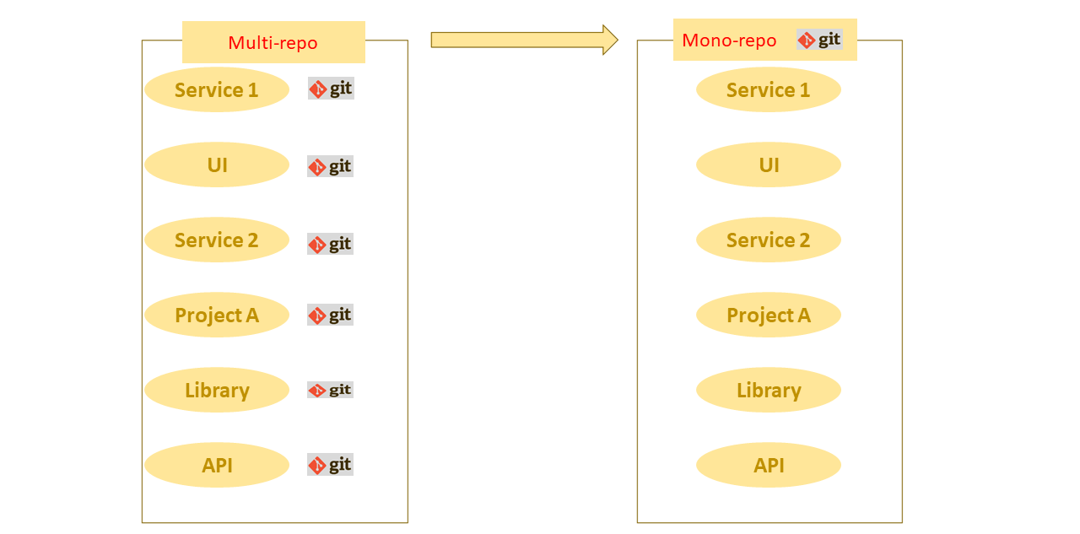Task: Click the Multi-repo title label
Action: click(273, 43)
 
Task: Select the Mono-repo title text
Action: click(729, 40)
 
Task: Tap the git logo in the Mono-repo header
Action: click(819, 40)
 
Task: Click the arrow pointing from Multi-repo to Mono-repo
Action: click(524, 40)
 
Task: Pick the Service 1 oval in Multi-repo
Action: click(217, 90)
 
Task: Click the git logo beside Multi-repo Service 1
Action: click(331, 89)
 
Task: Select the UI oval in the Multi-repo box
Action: click(217, 165)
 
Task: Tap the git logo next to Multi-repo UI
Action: click(330, 166)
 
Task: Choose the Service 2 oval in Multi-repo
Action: click(217, 240)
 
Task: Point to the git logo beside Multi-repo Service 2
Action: click(330, 244)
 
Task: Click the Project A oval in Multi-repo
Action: click(217, 316)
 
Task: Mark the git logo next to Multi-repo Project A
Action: click(330, 315)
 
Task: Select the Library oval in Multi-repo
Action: click(217, 391)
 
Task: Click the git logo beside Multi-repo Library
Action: click(330, 390)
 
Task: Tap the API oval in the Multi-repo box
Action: click(217, 466)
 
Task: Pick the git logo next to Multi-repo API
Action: click(330, 465)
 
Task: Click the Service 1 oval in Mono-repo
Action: click(768, 90)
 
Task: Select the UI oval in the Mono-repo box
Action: click(768, 165)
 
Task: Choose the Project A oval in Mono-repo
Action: click(768, 316)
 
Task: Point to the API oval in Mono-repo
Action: click(768, 466)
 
